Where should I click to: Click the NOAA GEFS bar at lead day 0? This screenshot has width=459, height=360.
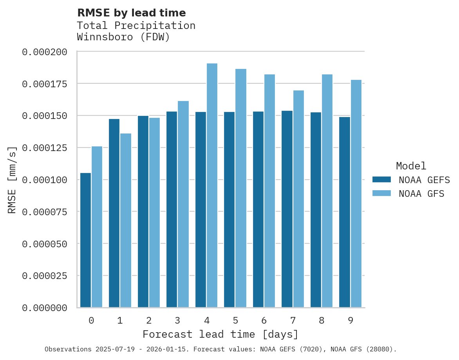85,240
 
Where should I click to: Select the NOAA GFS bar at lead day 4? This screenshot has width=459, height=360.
212,185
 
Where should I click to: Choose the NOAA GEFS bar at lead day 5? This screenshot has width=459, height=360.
229,210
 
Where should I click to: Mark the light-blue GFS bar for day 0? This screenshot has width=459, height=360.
97,227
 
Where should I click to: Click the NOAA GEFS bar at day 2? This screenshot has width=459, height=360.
143,212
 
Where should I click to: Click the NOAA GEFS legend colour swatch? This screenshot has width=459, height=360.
382,180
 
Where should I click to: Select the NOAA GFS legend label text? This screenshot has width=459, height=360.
421,194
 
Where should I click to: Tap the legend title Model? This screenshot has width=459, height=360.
411,166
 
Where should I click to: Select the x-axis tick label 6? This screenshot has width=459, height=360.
264,320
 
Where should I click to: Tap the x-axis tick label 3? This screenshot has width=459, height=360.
177,320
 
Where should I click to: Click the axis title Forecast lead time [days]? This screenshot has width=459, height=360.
220,335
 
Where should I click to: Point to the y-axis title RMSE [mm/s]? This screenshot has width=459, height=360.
13,180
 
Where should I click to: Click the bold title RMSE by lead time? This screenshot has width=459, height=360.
131,13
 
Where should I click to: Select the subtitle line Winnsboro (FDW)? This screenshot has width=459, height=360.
123,38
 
